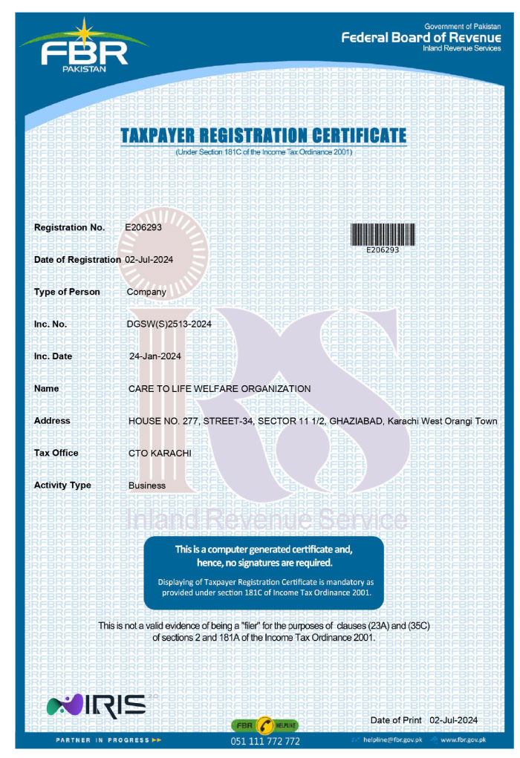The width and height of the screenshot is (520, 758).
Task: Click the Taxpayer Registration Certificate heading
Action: (x=263, y=135)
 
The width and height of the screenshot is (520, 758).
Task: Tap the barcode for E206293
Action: (x=383, y=235)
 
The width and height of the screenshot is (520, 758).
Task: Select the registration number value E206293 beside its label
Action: (x=143, y=227)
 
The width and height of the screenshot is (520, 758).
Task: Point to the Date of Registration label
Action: (x=77, y=260)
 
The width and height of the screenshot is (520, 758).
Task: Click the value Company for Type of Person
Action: (x=146, y=292)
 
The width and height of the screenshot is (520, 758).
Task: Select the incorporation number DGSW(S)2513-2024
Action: (x=169, y=324)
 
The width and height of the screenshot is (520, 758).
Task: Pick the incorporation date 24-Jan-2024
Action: (x=155, y=356)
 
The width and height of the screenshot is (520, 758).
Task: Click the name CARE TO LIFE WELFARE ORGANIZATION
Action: (x=219, y=389)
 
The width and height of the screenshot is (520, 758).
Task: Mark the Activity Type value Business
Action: (x=146, y=486)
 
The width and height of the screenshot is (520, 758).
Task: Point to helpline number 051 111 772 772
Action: (x=265, y=741)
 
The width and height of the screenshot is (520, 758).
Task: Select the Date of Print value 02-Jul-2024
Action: (x=453, y=720)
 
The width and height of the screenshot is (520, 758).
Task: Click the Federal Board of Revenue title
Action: (x=420, y=38)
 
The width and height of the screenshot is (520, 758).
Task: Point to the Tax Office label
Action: (x=56, y=453)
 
